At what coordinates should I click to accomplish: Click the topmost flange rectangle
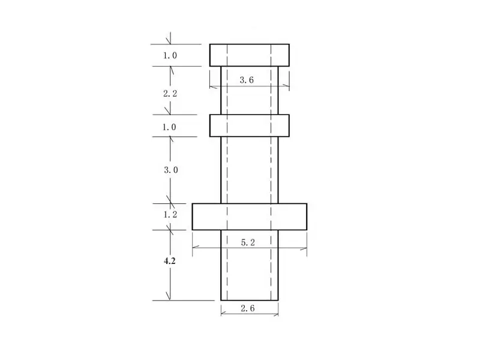pyautogui.click(x=250, y=55)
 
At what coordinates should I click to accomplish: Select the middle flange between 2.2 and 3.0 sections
pyautogui.click(x=250, y=126)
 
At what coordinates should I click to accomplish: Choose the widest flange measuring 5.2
pyautogui.click(x=250, y=217)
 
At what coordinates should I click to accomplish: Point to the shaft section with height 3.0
pyautogui.click(x=250, y=170)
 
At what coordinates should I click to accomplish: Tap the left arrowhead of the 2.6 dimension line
pyautogui.click(x=223, y=313)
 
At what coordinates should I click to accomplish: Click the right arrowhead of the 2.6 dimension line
pyautogui.click(x=276, y=313)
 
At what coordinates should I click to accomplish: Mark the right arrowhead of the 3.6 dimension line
pyautogui.click(x=287, y=86)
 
